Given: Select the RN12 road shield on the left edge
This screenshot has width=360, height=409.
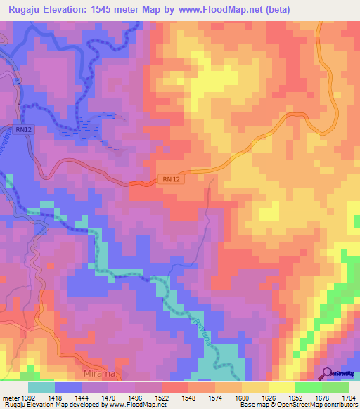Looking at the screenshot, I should pos(22,129).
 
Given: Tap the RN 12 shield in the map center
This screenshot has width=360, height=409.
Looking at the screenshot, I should pos(169,181).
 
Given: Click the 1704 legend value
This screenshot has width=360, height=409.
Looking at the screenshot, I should pos(349,398).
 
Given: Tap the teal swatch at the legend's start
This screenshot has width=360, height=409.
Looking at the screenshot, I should pos(41,387).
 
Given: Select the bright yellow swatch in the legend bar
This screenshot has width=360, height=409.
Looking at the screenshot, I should pos(281,387).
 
